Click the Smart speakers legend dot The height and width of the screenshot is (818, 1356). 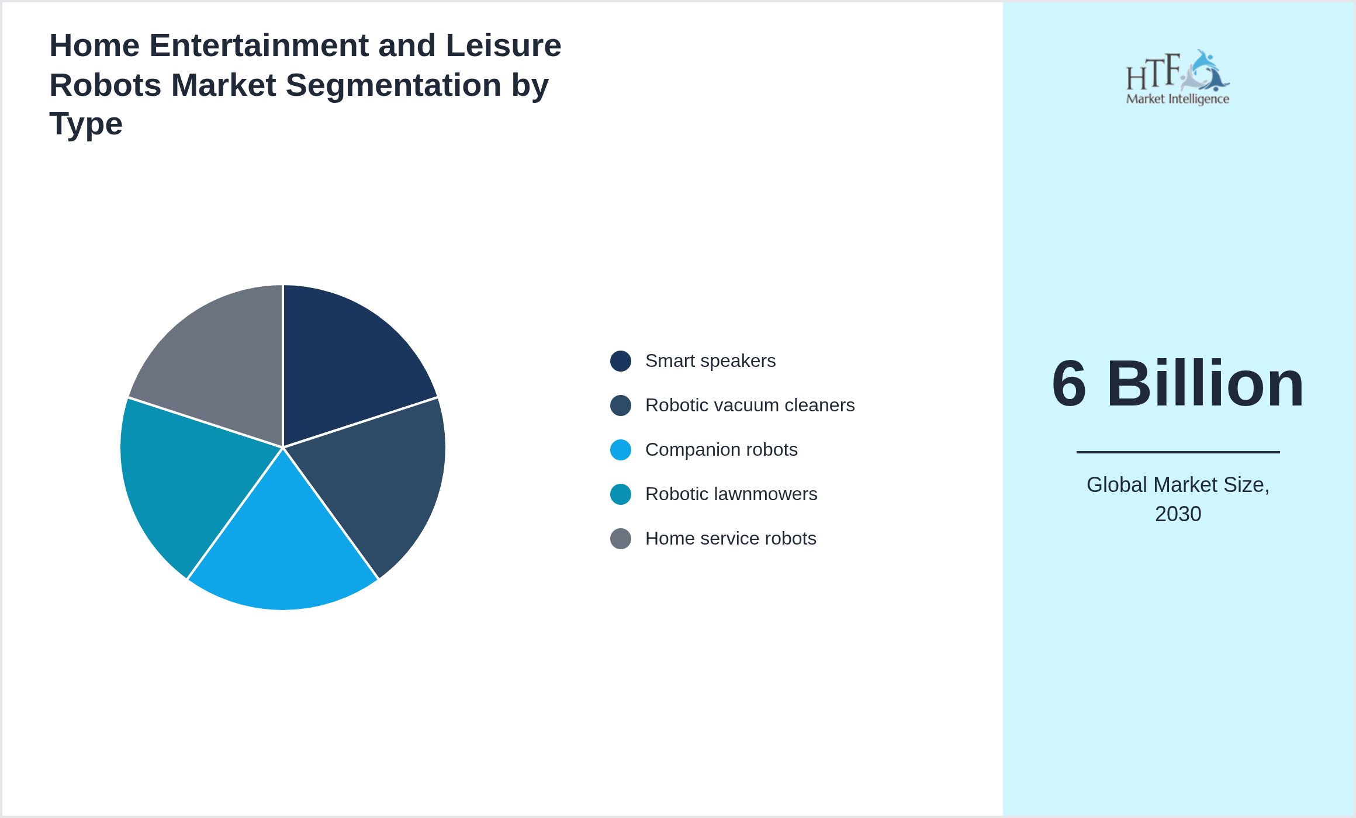620,361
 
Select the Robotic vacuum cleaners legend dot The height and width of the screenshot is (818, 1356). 620,405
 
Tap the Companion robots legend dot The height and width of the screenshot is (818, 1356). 620,450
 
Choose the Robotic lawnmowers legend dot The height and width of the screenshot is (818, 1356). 620,494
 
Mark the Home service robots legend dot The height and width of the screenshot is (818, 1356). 620,539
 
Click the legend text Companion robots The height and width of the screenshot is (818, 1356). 721,450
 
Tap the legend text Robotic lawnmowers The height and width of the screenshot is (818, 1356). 731,494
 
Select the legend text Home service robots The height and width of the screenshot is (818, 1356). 730,539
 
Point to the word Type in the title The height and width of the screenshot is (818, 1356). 85,124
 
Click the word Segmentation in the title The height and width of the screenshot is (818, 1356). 393,85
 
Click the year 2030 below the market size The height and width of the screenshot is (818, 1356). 1178,514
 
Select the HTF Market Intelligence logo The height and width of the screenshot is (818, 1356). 1178,78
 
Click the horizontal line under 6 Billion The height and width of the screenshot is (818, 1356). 1178,452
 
